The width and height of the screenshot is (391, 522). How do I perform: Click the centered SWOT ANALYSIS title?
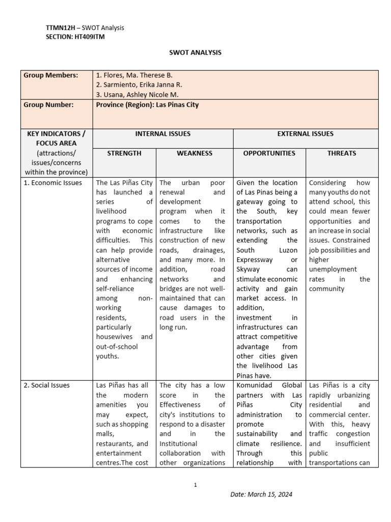point(195,53)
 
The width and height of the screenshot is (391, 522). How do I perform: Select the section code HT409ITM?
point(91,36)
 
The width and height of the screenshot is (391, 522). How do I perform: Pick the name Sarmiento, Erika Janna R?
point(139,85)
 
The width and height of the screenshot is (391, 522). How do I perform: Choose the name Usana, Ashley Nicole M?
point(137,94)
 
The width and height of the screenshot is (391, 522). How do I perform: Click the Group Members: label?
point(51,75)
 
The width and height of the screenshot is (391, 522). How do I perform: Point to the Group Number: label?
point(49,105)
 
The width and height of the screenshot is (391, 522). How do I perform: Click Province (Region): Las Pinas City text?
point(147,105)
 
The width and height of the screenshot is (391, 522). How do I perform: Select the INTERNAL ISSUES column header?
point(162,134)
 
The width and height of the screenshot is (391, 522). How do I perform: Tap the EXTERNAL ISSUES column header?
point(305,134)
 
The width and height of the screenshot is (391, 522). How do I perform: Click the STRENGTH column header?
point(124,153)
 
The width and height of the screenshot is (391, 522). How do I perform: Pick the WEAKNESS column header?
point(194,153)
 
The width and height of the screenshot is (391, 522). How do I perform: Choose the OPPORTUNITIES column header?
point(269,153)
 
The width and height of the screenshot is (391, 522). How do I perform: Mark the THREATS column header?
point(342,153)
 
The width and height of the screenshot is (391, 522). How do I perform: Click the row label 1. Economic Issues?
point(53,182)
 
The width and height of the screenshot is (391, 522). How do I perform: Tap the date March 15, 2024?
point(261,494)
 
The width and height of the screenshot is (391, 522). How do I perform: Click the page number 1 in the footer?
point(195,485)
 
